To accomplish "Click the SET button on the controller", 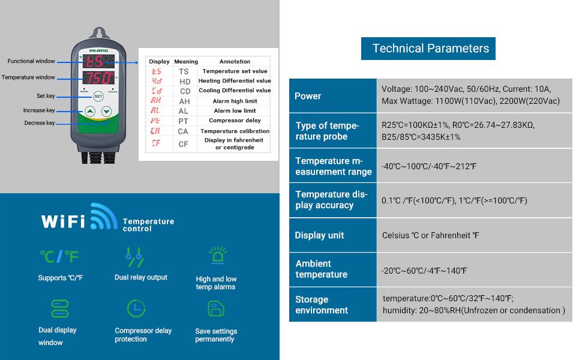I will point(98,96).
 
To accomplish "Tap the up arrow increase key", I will point(89,111).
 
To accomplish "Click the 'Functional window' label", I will point(31,61).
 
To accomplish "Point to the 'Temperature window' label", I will point(28,77).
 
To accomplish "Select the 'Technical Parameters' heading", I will point(430,49).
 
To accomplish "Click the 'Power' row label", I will point(308,96).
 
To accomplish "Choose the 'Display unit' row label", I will point(320,235).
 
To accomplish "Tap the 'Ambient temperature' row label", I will point(322,269).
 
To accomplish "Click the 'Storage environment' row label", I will point(322,305).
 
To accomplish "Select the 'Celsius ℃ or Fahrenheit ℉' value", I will point(431,235).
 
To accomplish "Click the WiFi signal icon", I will point(104,217).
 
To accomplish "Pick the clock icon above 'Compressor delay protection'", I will point(136,308).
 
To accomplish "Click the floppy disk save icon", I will point(216,308).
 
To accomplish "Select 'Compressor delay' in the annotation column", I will point(235,121).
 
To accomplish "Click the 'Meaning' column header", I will point(185,62).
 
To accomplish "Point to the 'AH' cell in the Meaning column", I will point(184,101).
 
